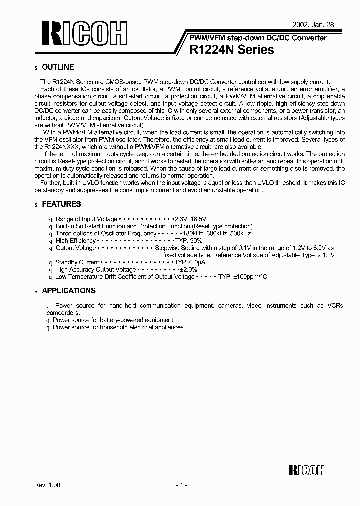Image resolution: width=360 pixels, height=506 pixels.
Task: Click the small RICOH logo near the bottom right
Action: tap(307, 470)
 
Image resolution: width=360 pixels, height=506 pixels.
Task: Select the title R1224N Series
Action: tap(232, 50)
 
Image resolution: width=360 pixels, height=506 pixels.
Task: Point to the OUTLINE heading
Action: tap(58, 67)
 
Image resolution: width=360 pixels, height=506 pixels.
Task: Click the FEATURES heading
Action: tap(61, 204)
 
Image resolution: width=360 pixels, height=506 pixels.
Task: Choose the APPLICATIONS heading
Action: tap(69, 291)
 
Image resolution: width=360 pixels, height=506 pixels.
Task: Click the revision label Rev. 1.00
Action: tap(47, 485)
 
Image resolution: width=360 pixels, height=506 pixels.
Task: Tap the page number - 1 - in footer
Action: tap(180, 485)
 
